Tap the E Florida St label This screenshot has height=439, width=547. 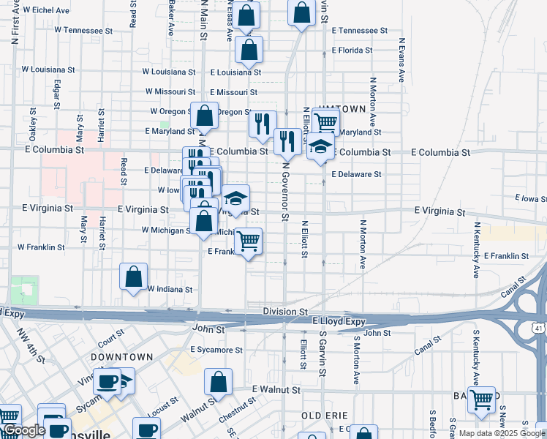(352, 50)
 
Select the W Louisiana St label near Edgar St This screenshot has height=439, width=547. (48, 70)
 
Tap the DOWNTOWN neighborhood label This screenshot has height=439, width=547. (122, 357)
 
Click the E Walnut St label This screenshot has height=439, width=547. (277, 390)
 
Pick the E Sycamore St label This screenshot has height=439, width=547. (216, 350)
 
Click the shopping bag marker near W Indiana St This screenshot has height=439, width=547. (133, 277)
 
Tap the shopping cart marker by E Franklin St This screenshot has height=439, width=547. (249, 241)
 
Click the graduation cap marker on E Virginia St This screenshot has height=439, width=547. (235, 198)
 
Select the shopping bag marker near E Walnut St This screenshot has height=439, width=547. (218, 382)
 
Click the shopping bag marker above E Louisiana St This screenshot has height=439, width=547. (249, 50)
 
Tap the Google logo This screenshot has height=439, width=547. (23, 431)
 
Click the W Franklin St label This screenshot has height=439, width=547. (41, 247)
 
